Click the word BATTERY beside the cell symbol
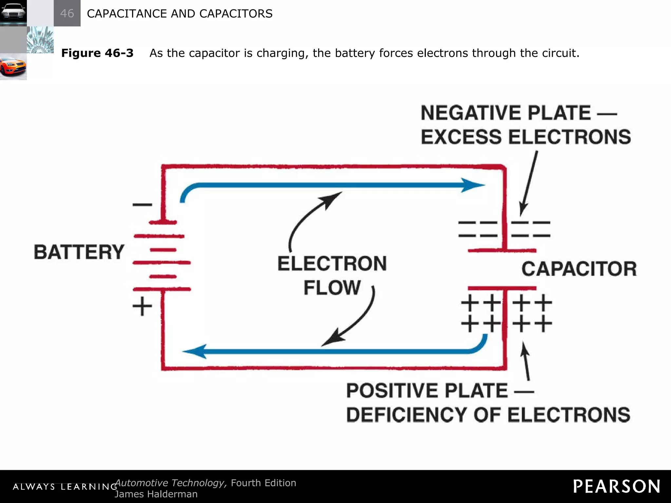[79, 252]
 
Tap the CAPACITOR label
[579, 269]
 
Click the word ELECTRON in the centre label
[332, 264]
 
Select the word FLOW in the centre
[332, 288]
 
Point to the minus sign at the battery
[142, 205]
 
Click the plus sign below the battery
[142, 307]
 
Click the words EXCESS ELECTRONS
[526, 137]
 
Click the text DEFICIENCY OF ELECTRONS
[488, 415]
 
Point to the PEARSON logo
[616, 486]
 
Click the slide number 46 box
[67, 13]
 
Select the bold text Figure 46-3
[97, 53]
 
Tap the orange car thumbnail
[13, 66]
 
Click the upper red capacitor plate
[502, 251]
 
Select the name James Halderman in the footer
[156, 494]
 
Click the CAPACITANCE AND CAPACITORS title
[180, 13]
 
